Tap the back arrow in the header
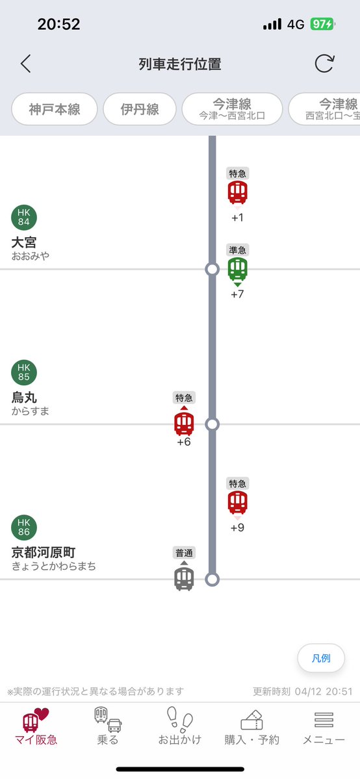pyautogui.click(x=25, y=64)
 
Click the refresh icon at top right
pyautogui.click(x=324, y=64)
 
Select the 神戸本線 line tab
pyautogui.click(x=55, y=109)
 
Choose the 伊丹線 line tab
pyautogui.click(x=140, y=109)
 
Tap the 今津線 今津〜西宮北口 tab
pyautogui.click(x=232, y=109)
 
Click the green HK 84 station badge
pyautogui.click(x=24, y=218)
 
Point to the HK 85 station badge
pyautogui.click(x=24, y=373)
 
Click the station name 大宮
pyautogui.click(x=24, y=242)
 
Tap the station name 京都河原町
pyautogui.click(x=44, y=553)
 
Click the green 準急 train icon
pyautogui.click(x=238, y=268)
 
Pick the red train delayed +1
pyautogui.click(x=238, y=192)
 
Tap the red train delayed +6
pyautogui.click(x=184, y=424)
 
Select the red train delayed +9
pyautogui.click(x=238, y=503)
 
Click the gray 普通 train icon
pyautogui.click(x=184, y=578)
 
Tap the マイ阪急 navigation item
pyautogui.click(x=35, y=726)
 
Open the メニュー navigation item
pyautogui.click(x=324, y=726)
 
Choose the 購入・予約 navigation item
pyautogui.click(x=251, y=726)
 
